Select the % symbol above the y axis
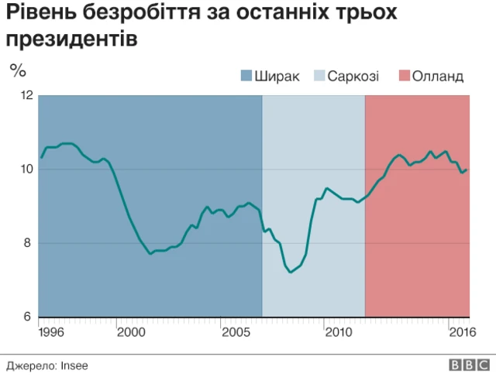coord(18,70)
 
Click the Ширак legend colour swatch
coord(246,76)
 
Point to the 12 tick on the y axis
coord(26,95)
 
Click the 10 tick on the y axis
coord(26,170)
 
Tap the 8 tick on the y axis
coord(29,243)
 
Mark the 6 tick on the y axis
coord(29,317)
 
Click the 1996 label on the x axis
coord(52,332)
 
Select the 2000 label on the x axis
coord(131,332)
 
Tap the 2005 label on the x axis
coord(236,332)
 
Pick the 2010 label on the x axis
coord(339,332)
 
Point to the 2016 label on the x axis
coord(461,332)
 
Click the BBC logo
coord(467,364)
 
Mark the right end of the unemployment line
coord(467,170)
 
